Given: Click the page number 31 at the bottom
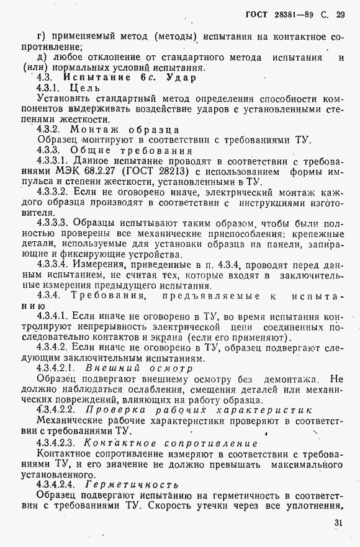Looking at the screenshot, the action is pyautogui.click(x=338, y=523).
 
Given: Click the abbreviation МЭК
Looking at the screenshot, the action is pyautogui.click(x=69, y=171).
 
